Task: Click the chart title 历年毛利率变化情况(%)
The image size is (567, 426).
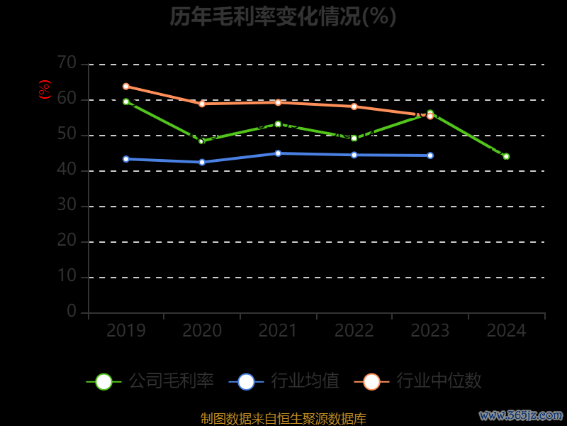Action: (283, 16)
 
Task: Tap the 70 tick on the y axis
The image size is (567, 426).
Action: (67, 63)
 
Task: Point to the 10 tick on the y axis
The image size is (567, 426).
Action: (67, 276)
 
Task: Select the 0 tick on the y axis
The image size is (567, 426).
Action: (72, 311)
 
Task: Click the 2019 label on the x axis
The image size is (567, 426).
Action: (125, 331)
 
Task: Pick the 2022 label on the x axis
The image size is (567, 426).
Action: (354, 331)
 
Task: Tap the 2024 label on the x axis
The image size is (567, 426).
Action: (506, 331)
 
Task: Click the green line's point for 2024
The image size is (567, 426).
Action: (506, 156)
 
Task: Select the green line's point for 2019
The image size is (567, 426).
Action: (126, 102)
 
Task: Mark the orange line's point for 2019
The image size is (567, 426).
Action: (126, 87)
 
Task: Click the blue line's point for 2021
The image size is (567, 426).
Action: (278, 153)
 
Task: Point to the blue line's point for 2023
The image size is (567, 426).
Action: (430, 155)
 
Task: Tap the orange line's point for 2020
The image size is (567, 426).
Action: (202, 104)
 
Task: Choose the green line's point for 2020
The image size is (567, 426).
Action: (201, 141)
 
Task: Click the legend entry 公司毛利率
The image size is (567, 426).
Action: (150, 381)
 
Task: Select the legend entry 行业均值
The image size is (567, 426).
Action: (284, 381)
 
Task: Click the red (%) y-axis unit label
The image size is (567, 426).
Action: (45, 89)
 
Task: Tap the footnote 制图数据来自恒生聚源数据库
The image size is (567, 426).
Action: (283, 419)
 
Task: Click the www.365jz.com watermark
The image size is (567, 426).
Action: (521, 415)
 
